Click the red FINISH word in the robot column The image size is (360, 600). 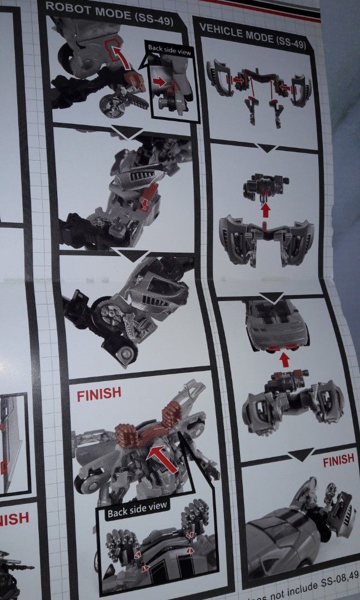point(99,394)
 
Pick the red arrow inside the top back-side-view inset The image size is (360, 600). point(160,82)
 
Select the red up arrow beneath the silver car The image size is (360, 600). point(285,360)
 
